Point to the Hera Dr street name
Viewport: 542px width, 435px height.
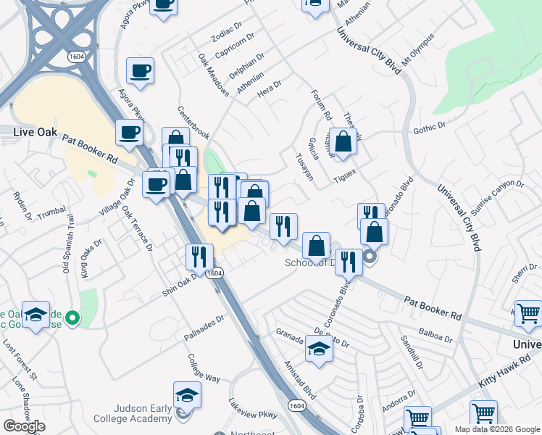click(x=268, y=93)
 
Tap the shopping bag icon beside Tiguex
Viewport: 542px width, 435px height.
click(x=343, y=141)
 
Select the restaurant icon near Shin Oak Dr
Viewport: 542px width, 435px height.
click(x=199, y=256)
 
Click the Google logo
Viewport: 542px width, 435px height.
click(x=24, y=426)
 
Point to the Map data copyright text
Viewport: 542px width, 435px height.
click(x=496, y=429)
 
